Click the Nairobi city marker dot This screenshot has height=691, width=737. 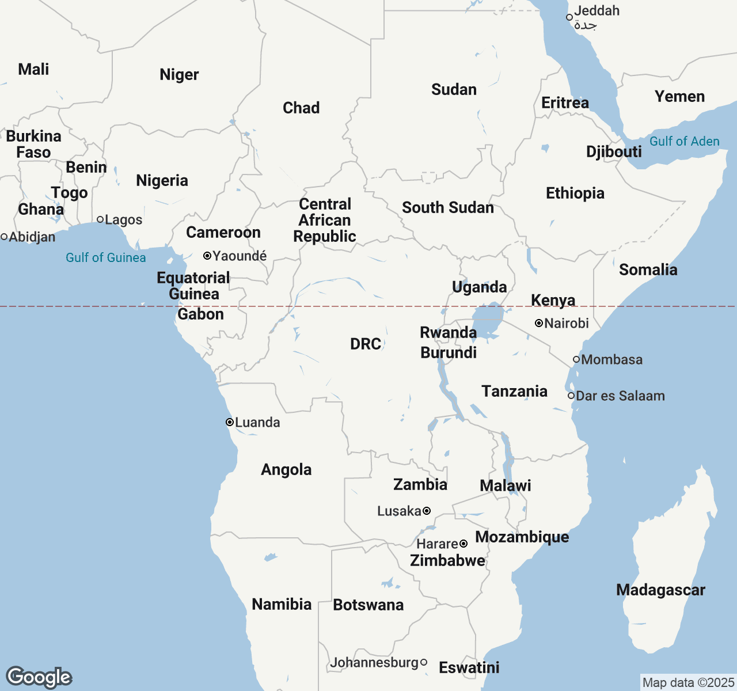tap(539, 324)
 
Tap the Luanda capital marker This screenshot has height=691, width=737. tap(230, 422)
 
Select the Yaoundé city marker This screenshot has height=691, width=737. tap(207, 256)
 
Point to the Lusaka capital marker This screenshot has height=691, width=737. tap(427, 511)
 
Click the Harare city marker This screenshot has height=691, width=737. tap(464, 544)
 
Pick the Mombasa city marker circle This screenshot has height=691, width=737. tap(576, 359)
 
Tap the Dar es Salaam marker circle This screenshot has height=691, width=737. tap(571, 396)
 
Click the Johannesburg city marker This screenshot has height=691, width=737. tap(424, 662)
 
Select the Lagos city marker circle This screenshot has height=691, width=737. tap(100, 219)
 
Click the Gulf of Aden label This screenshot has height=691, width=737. tap(684, 142)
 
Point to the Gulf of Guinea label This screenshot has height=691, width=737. tap(106, 257)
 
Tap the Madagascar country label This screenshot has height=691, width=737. tap(660, 590)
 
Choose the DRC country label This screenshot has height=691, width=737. tap(366, 344)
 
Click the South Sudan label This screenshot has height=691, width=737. tap(448, 208)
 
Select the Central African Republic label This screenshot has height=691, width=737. tap(325, 221)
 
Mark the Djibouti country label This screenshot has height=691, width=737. tap(614, 152)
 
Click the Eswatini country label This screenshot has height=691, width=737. tap(469, 668)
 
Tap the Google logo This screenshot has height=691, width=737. tap(39, 678)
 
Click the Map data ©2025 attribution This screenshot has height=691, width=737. tap(688, 683)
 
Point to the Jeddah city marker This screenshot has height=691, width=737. tap(569, 17)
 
